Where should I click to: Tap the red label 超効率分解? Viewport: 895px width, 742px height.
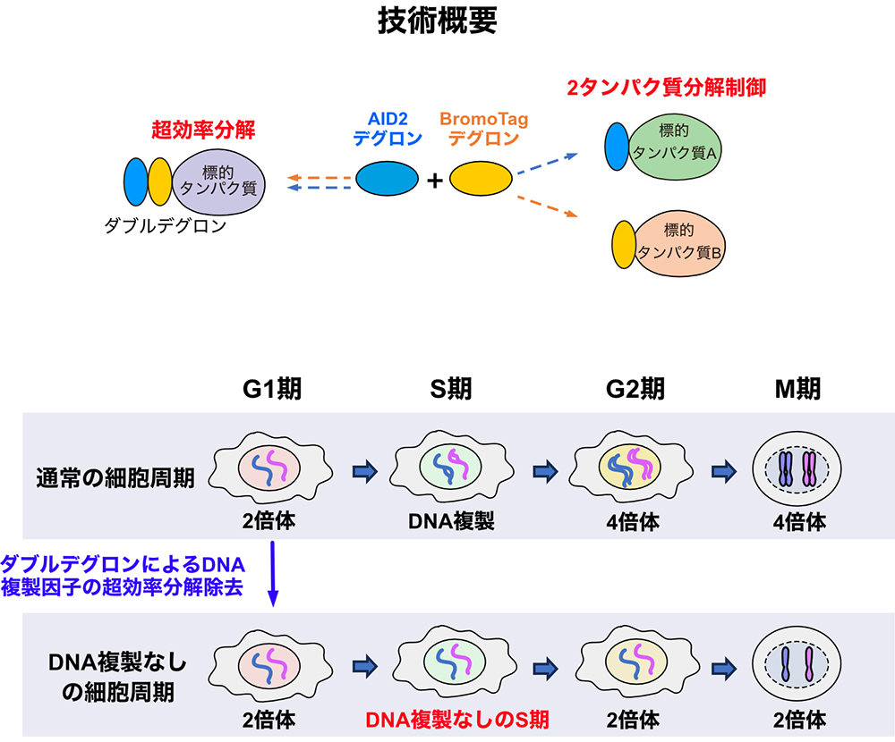(x=203, y=131)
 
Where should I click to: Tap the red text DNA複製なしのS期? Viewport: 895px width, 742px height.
(x=457, y=719)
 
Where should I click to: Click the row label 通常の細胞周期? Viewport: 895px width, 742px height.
(x=115, y=476)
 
